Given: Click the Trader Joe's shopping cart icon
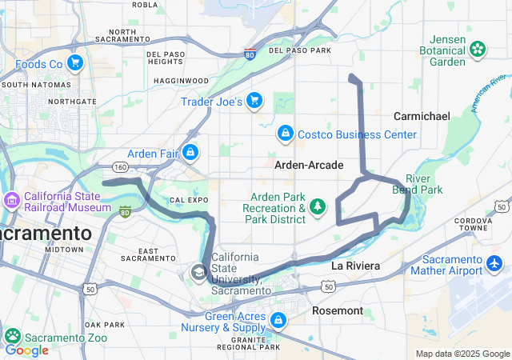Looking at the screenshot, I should click(254, 100).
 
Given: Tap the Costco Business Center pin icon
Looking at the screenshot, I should click(284, 133).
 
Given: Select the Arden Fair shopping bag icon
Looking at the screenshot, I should click(190, 152).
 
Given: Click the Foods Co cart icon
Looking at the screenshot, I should click(75, 62).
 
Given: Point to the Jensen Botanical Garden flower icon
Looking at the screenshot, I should click(478, 50).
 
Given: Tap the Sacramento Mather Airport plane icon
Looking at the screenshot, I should click(495, 263).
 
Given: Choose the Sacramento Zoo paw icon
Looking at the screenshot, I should click(12, 335).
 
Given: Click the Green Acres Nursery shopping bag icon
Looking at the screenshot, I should click(278, 321).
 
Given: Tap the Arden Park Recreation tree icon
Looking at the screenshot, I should click(318, 207).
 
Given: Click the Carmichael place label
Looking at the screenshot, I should click(422, 116).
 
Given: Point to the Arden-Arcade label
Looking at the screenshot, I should click(309, 165).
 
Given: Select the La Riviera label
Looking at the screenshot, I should click(354, 265).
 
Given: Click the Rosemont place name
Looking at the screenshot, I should click(338, 310).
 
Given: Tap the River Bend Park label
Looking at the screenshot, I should click(424, 184).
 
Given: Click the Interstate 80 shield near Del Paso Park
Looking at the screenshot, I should click(250, 54).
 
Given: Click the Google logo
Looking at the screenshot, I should click(26, 350).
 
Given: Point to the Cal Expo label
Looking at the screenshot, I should click(188, 198).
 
